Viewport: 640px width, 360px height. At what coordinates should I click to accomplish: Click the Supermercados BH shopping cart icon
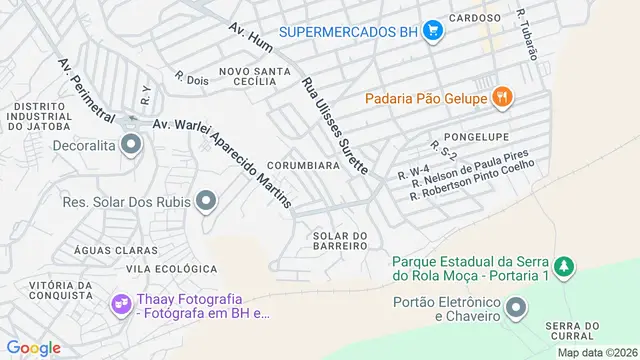(433, 31)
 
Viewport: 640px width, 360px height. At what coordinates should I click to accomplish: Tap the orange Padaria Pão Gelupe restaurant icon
(503, 98)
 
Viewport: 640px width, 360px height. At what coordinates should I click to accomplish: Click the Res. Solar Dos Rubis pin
(205, 202)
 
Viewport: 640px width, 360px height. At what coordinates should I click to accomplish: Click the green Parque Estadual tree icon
(565, 267)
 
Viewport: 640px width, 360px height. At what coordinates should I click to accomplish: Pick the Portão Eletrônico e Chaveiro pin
(516, 307)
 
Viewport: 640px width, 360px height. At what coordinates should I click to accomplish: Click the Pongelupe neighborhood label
(476, 136)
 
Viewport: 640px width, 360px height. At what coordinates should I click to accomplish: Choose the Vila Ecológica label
(172, 269)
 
